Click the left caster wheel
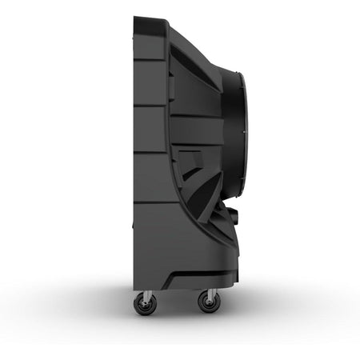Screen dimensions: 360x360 146,303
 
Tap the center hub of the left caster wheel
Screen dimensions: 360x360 146,304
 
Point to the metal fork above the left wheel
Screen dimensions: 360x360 146,293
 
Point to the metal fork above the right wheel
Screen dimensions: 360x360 210,293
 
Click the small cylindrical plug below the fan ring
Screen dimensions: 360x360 232,216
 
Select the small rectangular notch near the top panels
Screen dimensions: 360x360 170,84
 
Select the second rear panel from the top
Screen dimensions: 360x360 150,82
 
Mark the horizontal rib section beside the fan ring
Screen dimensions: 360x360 196,128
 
